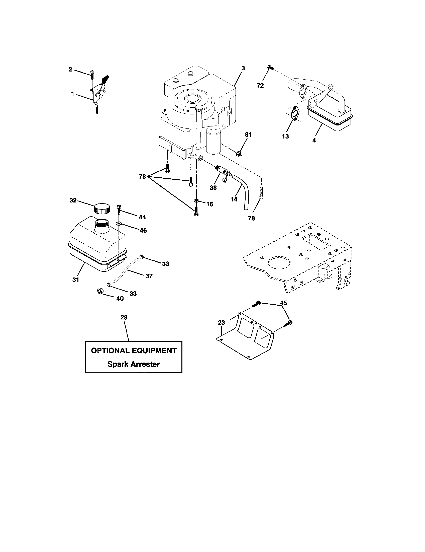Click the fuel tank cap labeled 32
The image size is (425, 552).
click(x=102, y=209)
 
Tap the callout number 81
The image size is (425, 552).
click(x=248, y=135)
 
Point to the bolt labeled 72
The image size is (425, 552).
click(x=270, y=67)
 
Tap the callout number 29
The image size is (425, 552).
click(x=124, y=317)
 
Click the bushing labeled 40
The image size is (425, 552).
click(x=100, y=291)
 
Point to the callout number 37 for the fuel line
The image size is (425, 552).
click(x=149, y=276)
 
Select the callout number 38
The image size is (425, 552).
click(x=213, y=188)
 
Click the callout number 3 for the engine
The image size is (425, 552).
click(x=243, y=68)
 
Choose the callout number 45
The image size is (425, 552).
click(x=284, y=303)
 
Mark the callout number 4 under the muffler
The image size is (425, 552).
click(x=314, y=140)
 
